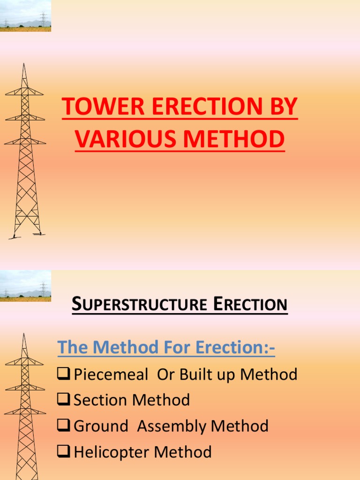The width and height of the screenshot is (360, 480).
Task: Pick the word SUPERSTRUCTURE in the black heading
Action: point(139,305)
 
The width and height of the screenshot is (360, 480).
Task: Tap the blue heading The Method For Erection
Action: point(165,348)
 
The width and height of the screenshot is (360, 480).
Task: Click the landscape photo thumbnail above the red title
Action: point(25,16)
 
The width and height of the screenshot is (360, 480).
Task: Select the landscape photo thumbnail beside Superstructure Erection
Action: point(25,286)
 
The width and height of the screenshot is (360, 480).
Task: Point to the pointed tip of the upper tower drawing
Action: point(24,64)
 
